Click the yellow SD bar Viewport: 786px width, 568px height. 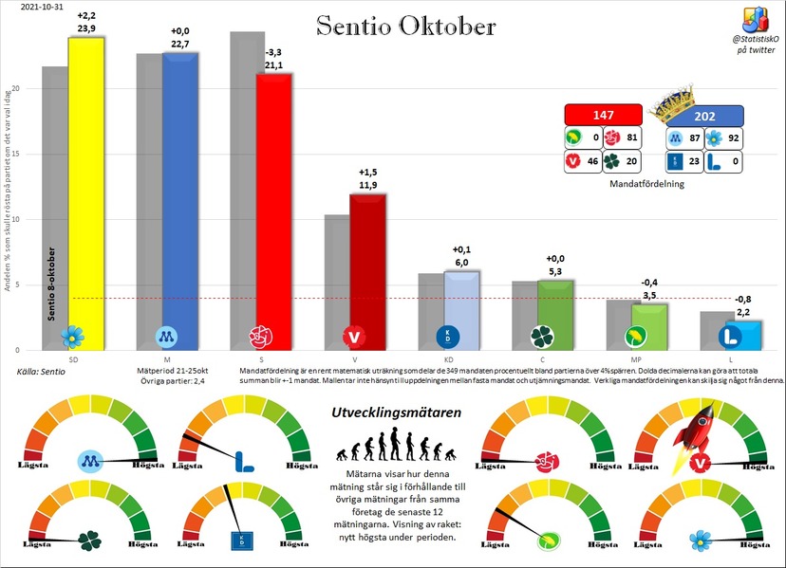coord(85,190)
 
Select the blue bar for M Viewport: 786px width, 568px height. coord(180,199)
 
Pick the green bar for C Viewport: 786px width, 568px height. coord(555,313)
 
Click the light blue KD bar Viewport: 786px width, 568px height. coord(461,308)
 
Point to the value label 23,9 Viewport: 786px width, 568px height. coord(85,28)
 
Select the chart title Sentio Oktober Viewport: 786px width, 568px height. coord(405,26)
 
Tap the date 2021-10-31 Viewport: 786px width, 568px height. coord(32,7)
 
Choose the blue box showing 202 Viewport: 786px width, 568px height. coord(704,117)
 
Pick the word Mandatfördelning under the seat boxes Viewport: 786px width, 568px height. coord(648,184)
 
